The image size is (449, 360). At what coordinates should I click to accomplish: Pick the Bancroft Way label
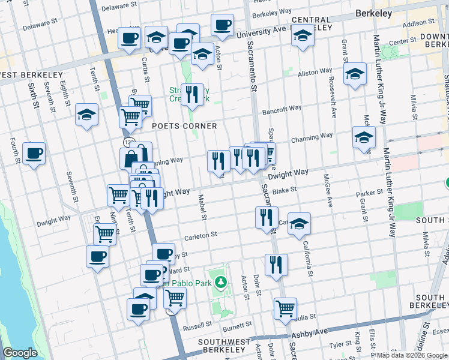(x=282, y=109)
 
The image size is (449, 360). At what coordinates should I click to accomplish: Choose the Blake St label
(x=285, y=190)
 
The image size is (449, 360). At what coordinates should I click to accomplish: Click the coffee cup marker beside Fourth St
(x=34, y=153)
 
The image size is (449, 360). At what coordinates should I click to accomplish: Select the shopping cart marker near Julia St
(x=286, y=308)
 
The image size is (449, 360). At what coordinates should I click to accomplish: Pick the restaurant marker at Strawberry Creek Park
(x=192, y=94)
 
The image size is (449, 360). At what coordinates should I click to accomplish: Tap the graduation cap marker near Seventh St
(x=87, y=114)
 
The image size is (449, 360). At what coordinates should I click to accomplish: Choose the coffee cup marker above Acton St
(x=222, y=25)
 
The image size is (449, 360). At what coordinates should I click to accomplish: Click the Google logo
(x=20, y=353)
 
